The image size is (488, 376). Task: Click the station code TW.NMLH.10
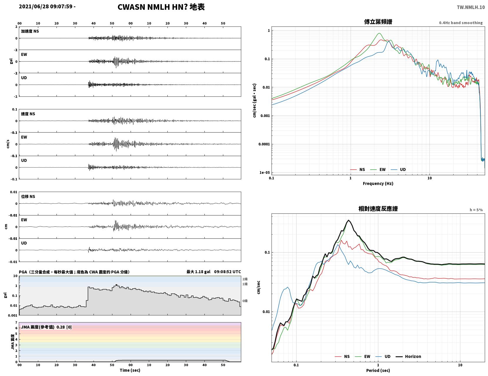471,7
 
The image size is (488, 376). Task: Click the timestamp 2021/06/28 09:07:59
46,6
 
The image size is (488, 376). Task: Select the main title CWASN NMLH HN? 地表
161,7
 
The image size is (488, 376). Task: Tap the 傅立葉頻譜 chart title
378,22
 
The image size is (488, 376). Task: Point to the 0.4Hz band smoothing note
461,23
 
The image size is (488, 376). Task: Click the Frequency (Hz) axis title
378,183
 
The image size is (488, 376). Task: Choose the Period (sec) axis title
378,370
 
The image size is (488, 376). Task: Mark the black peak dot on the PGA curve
116,285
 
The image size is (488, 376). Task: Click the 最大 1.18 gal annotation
198,272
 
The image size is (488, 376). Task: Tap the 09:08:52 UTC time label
227,272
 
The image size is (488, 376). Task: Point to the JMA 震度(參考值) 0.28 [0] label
46,327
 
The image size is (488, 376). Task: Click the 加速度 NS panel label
30,31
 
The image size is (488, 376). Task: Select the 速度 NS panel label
28,114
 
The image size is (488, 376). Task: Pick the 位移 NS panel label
28,196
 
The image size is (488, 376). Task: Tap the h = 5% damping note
476,210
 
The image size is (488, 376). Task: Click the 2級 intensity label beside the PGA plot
245,279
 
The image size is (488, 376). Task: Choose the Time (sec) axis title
130,370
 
